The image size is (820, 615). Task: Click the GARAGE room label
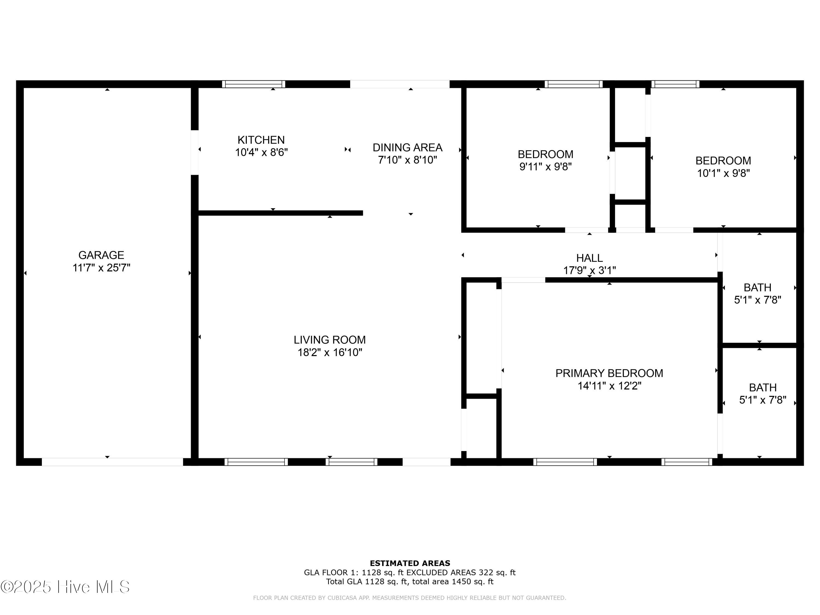pyautogui.click(x=101, y=255)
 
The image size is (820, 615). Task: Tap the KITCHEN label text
pyautogui.click(x=261, y=140)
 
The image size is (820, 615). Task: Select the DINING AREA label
pyautogui.click(x=408, y=148)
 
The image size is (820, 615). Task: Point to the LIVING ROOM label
pyautogui.click(x=330, y=340)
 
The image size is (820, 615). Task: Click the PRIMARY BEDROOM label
pyautogui.click(x=609, y=373)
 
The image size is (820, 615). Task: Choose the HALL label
pyautogui.click(x=589, y=258)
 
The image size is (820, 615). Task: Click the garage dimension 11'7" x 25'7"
pyautogui.click(x=101, y=268)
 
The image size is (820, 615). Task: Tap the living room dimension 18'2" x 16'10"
pyautogui.click(x=330, y=352)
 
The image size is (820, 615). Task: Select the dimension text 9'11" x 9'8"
pyautogui.click(x=545, y=166)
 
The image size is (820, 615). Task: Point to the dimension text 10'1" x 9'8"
pyautogui.click(x=723, y=173)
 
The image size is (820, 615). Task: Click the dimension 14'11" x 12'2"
pyautogui.click(x=609, y=386)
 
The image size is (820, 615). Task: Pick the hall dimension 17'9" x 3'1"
pyautogui.click(x=589, y=271)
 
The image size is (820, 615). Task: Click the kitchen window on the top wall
pyautogui.click(x=254, y=84)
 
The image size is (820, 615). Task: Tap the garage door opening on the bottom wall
pyautogui.click(x=112, y=462)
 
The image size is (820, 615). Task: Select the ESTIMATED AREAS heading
pyautogui.click(x=410, y=563)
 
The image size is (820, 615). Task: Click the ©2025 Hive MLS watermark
pyautogui.click(x=65, y=587)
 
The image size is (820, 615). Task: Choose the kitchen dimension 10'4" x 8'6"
pyautogui.click(x=261, y=152)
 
